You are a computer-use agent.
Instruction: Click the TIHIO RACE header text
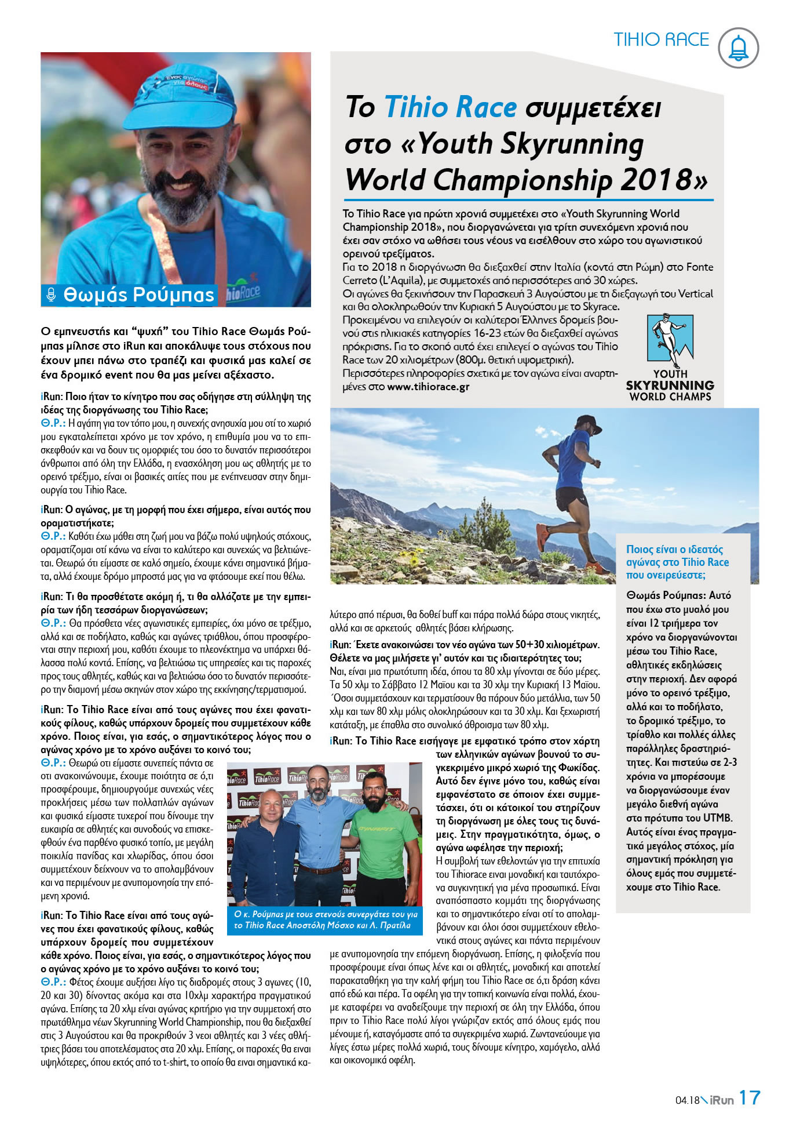[661, 39]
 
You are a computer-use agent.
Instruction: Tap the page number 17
[749, 1098]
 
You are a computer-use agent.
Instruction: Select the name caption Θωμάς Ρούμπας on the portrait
[139, 295]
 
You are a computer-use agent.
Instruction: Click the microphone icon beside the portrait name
[51, 295]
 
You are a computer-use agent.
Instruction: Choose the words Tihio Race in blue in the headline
[450, 107]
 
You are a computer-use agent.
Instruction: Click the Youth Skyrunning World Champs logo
[670, 358]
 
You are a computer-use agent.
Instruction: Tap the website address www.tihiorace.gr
[428, 387]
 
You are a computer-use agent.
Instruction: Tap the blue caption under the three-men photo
[326, 920]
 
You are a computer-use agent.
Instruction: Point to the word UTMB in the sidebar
[717, 818]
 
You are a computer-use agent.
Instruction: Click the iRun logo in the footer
[721, 1099]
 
